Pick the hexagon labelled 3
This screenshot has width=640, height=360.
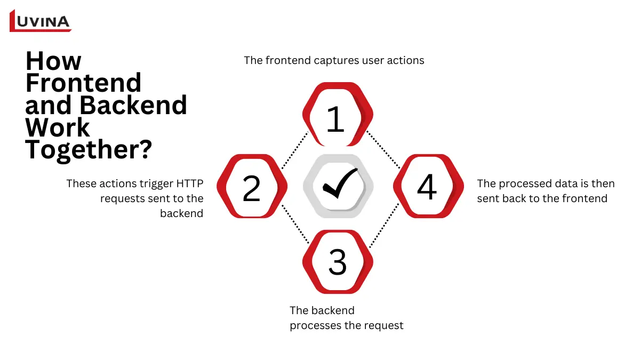coord(337,262)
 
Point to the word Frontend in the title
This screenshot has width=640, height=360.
coord(83,83)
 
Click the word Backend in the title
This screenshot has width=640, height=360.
coord(133,105)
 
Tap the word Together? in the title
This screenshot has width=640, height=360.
coord(89,150)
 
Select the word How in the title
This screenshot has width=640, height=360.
coord(53,61)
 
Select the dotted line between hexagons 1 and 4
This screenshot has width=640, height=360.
coord(383,150)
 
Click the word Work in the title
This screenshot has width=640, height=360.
coord(58,127)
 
